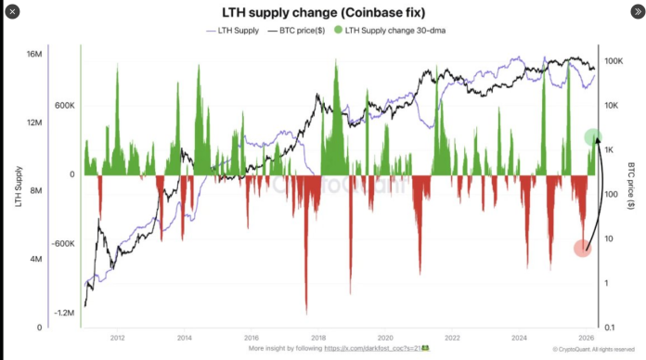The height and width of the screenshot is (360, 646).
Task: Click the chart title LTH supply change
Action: point(323,13)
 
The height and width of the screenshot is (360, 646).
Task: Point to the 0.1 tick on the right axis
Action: point(613,328)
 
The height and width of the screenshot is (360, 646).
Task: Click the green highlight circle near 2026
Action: point(595,137)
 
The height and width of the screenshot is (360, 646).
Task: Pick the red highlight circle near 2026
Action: point(582,248)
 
